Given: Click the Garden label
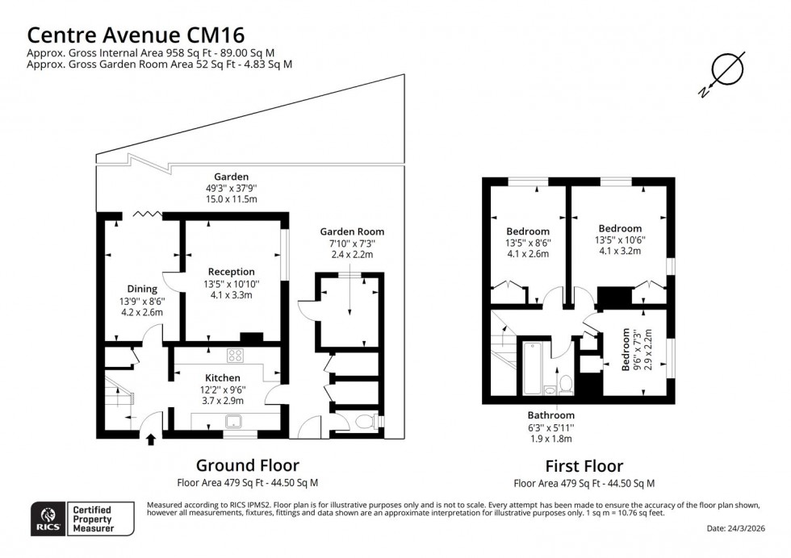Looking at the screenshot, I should click(231, 177).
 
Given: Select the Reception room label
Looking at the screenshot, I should click(231, 272).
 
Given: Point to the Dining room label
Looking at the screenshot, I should click(142, 289).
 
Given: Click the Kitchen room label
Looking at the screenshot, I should click(222, 377).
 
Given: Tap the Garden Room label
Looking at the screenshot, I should click(352, 231).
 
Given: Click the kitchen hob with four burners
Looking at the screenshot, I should click(236, 355).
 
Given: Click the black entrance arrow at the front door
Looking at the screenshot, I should click(151, 439).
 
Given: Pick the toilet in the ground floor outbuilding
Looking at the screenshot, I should click(366, 421).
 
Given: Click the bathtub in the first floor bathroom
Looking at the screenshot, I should click(534, 368).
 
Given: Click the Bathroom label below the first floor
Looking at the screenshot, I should click(552, 415).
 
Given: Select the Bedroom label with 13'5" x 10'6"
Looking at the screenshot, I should click(619, 228).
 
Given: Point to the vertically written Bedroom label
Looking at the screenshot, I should click(627, 350).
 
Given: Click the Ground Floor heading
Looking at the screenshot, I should click(248, 465).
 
